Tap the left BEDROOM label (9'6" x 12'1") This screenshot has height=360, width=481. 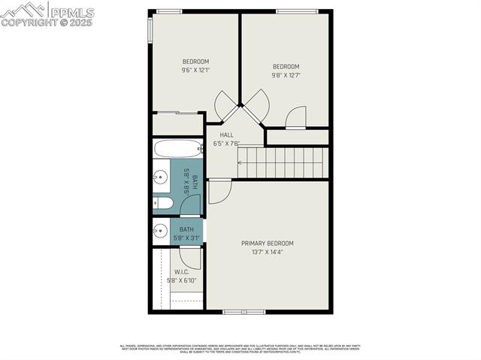click(x=195, y=62)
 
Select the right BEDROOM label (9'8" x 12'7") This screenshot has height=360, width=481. click(x=286, y=66)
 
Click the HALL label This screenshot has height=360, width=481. click(x=226, y=135)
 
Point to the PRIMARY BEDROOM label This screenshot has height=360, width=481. click(x=267, y=244)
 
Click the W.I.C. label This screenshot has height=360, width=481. click(x=181, y=272)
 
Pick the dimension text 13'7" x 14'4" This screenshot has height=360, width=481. click(x=267, y=253)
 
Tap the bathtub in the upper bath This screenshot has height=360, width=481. click(x=177, y=148)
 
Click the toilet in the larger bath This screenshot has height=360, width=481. click(x=163, y=203)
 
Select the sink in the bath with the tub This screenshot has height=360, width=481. click(x=161, y=177)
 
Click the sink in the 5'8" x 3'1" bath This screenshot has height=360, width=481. click(x=160, y=231)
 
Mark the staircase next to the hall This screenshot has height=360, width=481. click(x=283, y=162)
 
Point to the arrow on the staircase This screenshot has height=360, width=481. click(x=241, y=162)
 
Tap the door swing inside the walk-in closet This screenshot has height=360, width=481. click(x=191, y=257)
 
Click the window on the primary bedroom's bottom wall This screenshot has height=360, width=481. click(x=244, y=311)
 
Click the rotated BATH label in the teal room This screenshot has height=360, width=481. click(x=195, y=182)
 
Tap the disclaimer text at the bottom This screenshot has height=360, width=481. click(x=240, y=349)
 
